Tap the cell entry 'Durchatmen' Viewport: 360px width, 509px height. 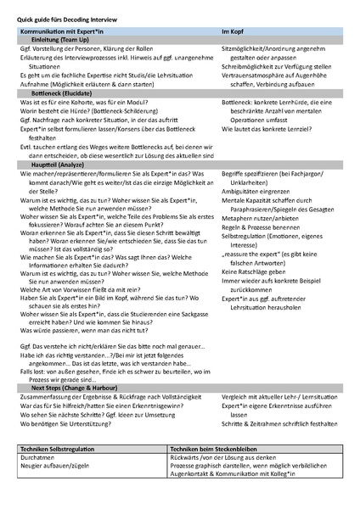tap(37, 456)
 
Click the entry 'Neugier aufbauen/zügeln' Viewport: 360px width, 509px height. tap(55, 465)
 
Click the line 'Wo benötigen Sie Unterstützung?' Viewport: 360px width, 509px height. tap(65, 423)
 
